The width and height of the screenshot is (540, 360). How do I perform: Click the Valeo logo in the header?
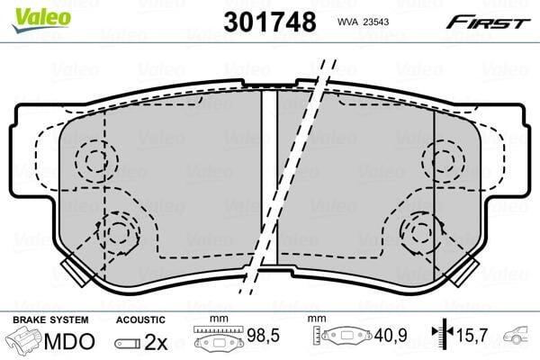(41, 20)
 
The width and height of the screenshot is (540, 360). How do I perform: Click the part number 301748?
(270, 22)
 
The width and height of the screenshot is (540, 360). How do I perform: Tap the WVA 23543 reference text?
(363, 22)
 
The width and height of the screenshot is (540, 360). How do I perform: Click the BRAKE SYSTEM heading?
(50, 319)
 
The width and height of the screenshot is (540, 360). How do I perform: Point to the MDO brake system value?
(69, 341)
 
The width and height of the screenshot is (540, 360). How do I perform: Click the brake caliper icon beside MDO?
(24, 341)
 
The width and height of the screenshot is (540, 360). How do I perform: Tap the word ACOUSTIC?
(140, 320)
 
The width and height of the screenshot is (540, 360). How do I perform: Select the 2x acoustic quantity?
(156, 342)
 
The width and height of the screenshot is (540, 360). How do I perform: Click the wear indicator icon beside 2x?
(128, 344)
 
